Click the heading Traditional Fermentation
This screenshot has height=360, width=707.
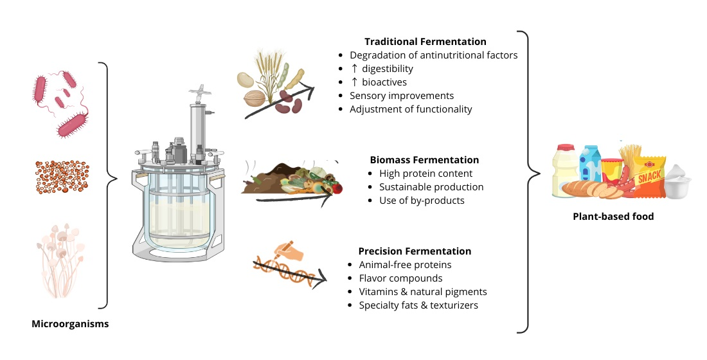425,42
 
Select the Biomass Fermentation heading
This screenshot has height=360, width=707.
424,159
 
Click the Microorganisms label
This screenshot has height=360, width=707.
70,324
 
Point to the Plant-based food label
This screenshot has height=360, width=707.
613,217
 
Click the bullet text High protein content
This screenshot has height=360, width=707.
425,174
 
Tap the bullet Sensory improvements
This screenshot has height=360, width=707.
402,96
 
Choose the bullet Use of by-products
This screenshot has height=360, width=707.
422,201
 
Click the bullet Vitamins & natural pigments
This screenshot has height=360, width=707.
422,292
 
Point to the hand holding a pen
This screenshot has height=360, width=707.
285,251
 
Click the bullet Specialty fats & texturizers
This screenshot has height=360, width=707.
418,305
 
